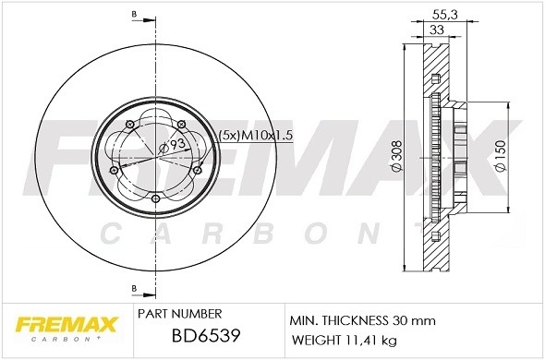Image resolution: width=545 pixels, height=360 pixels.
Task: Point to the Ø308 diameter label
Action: tap(395, 159)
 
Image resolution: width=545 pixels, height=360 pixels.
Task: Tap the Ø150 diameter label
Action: tap(500, 159)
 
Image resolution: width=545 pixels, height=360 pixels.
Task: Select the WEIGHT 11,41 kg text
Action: tap(343, 341)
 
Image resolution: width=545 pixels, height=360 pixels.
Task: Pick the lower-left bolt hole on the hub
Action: tap(113, 170)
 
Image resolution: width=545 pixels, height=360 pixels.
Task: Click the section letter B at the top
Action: tap(135, 14)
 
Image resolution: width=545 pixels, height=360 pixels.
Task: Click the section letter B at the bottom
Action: tap(135, 287)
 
